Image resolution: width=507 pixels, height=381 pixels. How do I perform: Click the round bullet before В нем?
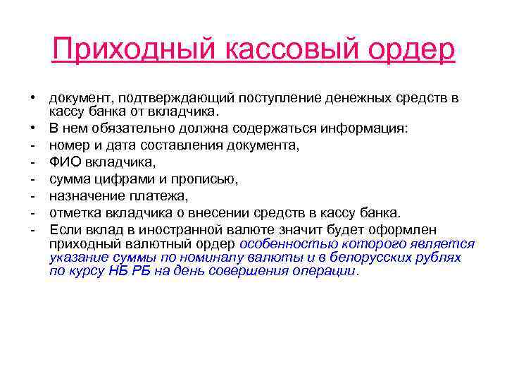coord(33,128)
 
